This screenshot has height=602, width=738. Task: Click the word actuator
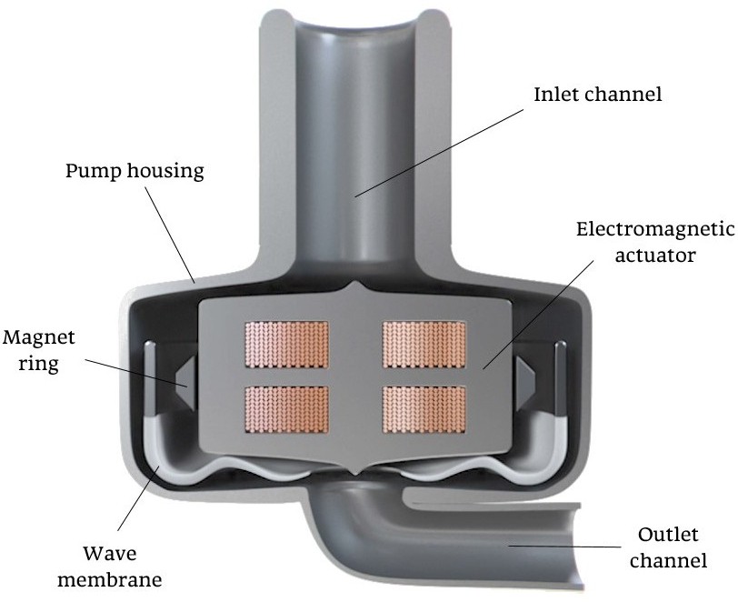pyautogui.click(x=654, y=255)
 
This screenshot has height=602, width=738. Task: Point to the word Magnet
pyautogui.click(x=38, y=337)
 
